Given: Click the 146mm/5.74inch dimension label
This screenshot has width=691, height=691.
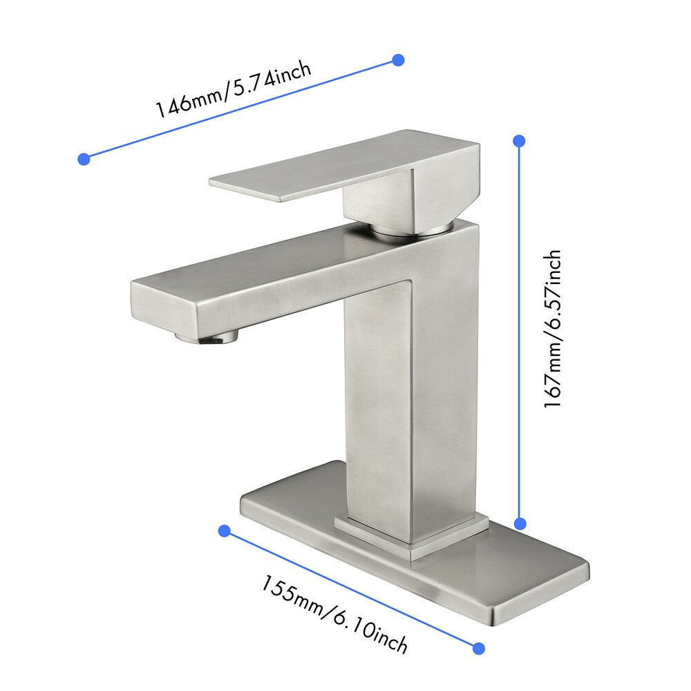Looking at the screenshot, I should click(233, 90).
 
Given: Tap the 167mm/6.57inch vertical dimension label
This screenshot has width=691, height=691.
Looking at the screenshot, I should click(552, 329).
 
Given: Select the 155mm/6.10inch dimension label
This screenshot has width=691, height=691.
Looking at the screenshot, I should click(334, 614).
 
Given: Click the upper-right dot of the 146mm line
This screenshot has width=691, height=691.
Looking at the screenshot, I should click(398, 60).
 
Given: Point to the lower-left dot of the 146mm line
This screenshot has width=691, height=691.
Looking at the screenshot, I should click(84, 159).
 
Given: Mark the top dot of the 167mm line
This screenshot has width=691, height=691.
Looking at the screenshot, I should click(520, 141).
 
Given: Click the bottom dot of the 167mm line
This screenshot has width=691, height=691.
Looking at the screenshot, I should click(520, 524).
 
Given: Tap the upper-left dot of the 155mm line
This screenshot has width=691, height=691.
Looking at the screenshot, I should click(224, 531).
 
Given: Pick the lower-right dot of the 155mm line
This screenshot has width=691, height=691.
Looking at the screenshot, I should click(478, 647).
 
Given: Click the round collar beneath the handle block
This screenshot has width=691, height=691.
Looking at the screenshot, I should click(412, 229).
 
